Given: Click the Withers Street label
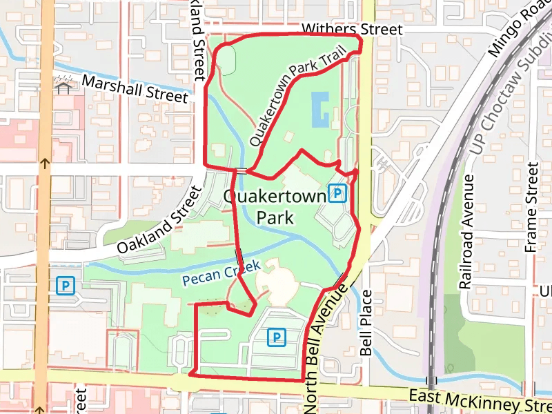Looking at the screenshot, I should pos(352,30).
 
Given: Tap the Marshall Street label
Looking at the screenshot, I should pos(135,89).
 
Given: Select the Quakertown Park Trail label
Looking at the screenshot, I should pos(296,103).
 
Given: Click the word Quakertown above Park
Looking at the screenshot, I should pos(275,197).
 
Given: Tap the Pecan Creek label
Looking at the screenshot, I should pos(221,273).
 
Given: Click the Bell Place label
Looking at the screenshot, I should pos(366,322).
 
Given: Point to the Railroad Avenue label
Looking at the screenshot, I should pos(467,231).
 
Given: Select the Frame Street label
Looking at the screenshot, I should pos(531,207).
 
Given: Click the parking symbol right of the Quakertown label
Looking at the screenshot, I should pos(337,194).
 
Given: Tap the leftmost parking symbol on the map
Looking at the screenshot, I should pos(66,285).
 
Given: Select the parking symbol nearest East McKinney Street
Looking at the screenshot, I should pos(277,337).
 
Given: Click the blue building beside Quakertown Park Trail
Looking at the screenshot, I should pos(321,110).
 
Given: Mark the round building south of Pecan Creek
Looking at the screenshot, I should pos(275,284).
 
